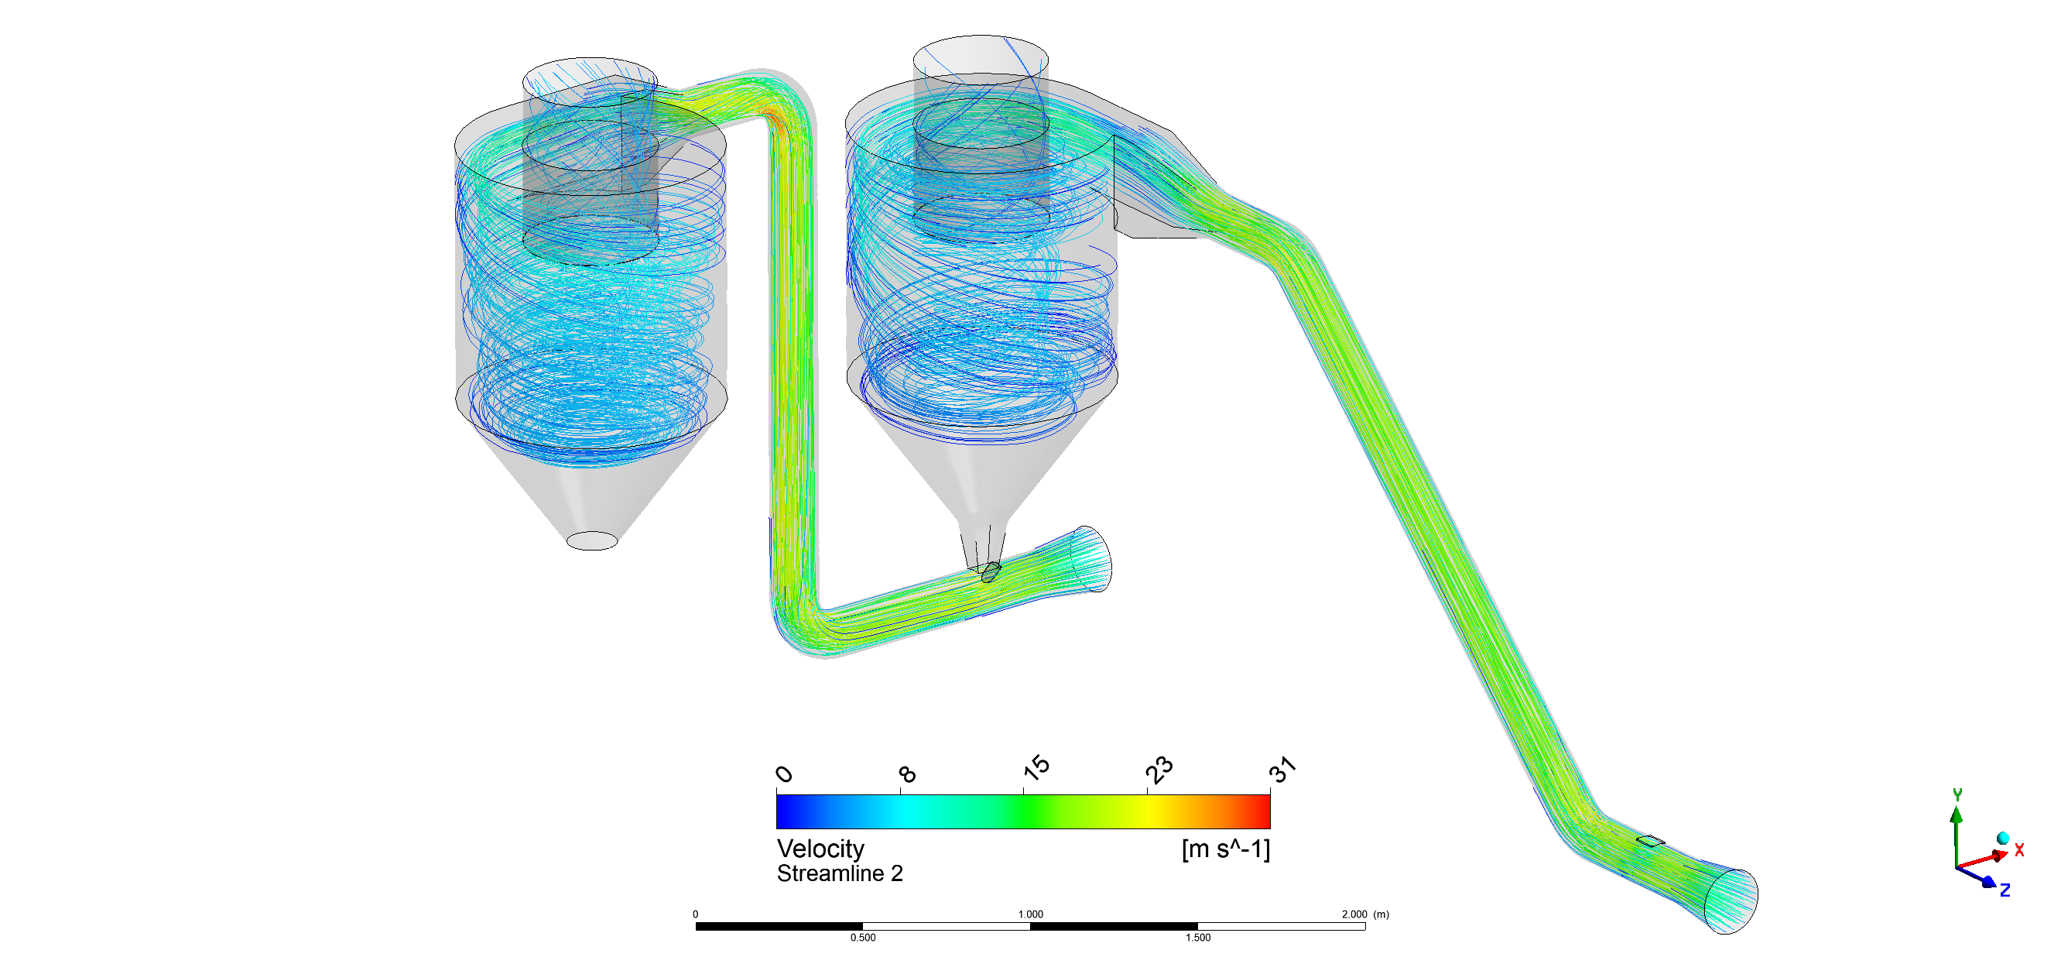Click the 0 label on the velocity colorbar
coord(784,773)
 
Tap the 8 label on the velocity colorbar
coord(906,773)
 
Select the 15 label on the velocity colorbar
coord(1036,768)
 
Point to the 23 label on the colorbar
coord(1159,770)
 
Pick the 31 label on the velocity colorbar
coord(1282,770)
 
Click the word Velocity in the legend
coord(820,848)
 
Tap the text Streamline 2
coord(839,874)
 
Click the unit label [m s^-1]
coord(1225,848)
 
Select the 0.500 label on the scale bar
coord(862,938)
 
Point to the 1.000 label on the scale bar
coord(1031,914)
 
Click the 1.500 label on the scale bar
coord(1198,938)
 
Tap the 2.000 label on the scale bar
coord(1354,914)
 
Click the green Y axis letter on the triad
coord(1957,794)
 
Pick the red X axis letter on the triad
coord(2019,850)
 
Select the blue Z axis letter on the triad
coord(2005,890)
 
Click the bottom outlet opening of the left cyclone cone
coord(592,541)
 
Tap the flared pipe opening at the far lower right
coord(1731,902)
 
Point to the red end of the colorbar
coord(1264,811)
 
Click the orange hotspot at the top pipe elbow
coord(774,118)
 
